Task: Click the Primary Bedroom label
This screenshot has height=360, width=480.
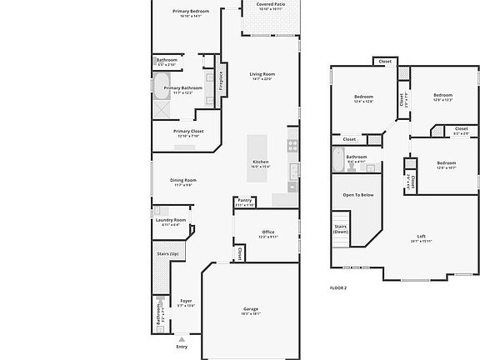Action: (191, 11)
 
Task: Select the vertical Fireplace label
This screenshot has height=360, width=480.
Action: (222, 77)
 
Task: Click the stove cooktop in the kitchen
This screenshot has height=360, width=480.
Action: (292, 143)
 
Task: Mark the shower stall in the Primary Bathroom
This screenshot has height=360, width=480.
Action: (161, 111)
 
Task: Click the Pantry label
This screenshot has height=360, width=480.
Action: (244, 200)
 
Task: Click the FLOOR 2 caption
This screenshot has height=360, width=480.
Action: (337, 287)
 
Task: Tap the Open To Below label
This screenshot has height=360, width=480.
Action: (357, 195)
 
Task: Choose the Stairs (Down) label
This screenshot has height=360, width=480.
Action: (341, 229)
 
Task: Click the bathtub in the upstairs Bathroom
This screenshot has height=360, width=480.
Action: (338, 157)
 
